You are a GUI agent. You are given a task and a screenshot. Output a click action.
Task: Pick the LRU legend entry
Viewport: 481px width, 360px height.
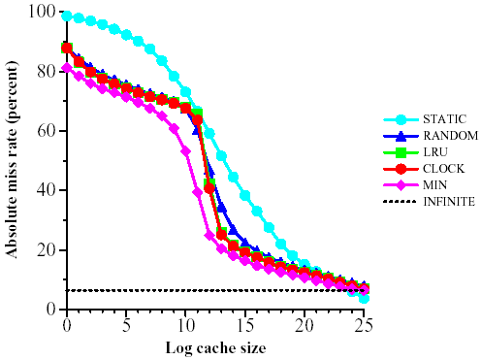pos(434,153)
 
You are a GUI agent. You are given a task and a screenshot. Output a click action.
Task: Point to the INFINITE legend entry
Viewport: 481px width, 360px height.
pos(447,202)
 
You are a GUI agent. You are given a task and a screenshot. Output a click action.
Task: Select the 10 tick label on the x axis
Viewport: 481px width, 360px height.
pos(185,322)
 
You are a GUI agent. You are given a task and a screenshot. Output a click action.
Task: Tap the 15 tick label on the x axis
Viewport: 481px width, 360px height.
pos(245,322)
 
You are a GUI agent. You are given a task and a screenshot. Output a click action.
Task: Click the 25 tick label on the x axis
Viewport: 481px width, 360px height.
pos(364,322)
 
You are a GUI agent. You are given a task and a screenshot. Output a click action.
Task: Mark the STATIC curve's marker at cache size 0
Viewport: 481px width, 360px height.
pos(67,16)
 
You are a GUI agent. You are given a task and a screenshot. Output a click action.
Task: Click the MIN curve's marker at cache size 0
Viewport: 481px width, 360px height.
pos(67,68)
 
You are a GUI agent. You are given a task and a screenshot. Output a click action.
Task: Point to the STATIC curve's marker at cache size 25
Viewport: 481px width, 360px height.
pos(364,298)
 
